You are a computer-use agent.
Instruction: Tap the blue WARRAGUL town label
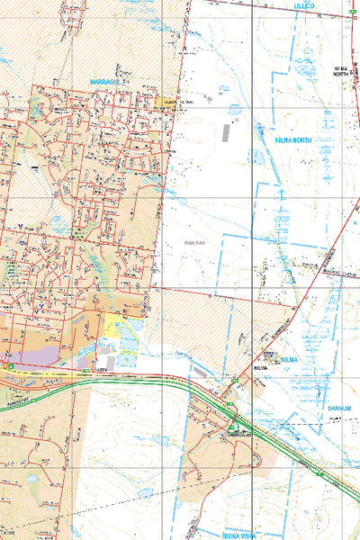(x=111, y=82)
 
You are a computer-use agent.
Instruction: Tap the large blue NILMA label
(x=288, y=359)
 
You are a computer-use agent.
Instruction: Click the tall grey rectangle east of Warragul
(x=225, y=132)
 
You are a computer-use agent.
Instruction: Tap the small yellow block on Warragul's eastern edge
(x=166, y=103)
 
